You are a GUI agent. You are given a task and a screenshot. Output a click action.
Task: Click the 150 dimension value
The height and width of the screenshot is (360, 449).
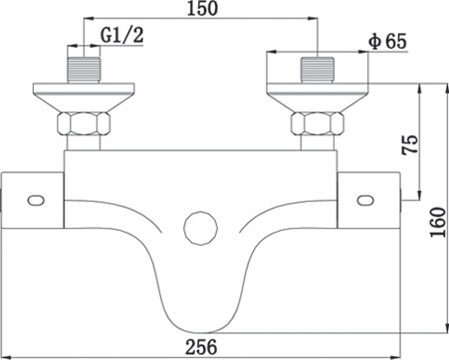point(202,8)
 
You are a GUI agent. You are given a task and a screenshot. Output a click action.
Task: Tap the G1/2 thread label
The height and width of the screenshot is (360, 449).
point(122,35)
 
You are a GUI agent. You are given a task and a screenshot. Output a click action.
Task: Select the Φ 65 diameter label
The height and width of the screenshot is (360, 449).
point(387,42)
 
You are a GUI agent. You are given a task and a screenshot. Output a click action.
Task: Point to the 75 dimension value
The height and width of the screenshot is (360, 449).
point(409,144)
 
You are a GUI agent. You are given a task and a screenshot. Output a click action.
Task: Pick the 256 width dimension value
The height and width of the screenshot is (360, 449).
point(201,347)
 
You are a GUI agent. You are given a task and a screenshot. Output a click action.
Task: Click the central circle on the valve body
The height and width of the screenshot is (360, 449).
point(200,229)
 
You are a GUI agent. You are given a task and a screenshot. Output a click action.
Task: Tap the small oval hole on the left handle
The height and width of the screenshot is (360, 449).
point(36,201)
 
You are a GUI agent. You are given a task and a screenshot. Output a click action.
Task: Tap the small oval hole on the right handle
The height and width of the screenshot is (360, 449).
point(365,200)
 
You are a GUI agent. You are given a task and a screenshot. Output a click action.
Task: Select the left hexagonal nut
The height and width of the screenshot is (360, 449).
point(84,124)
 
